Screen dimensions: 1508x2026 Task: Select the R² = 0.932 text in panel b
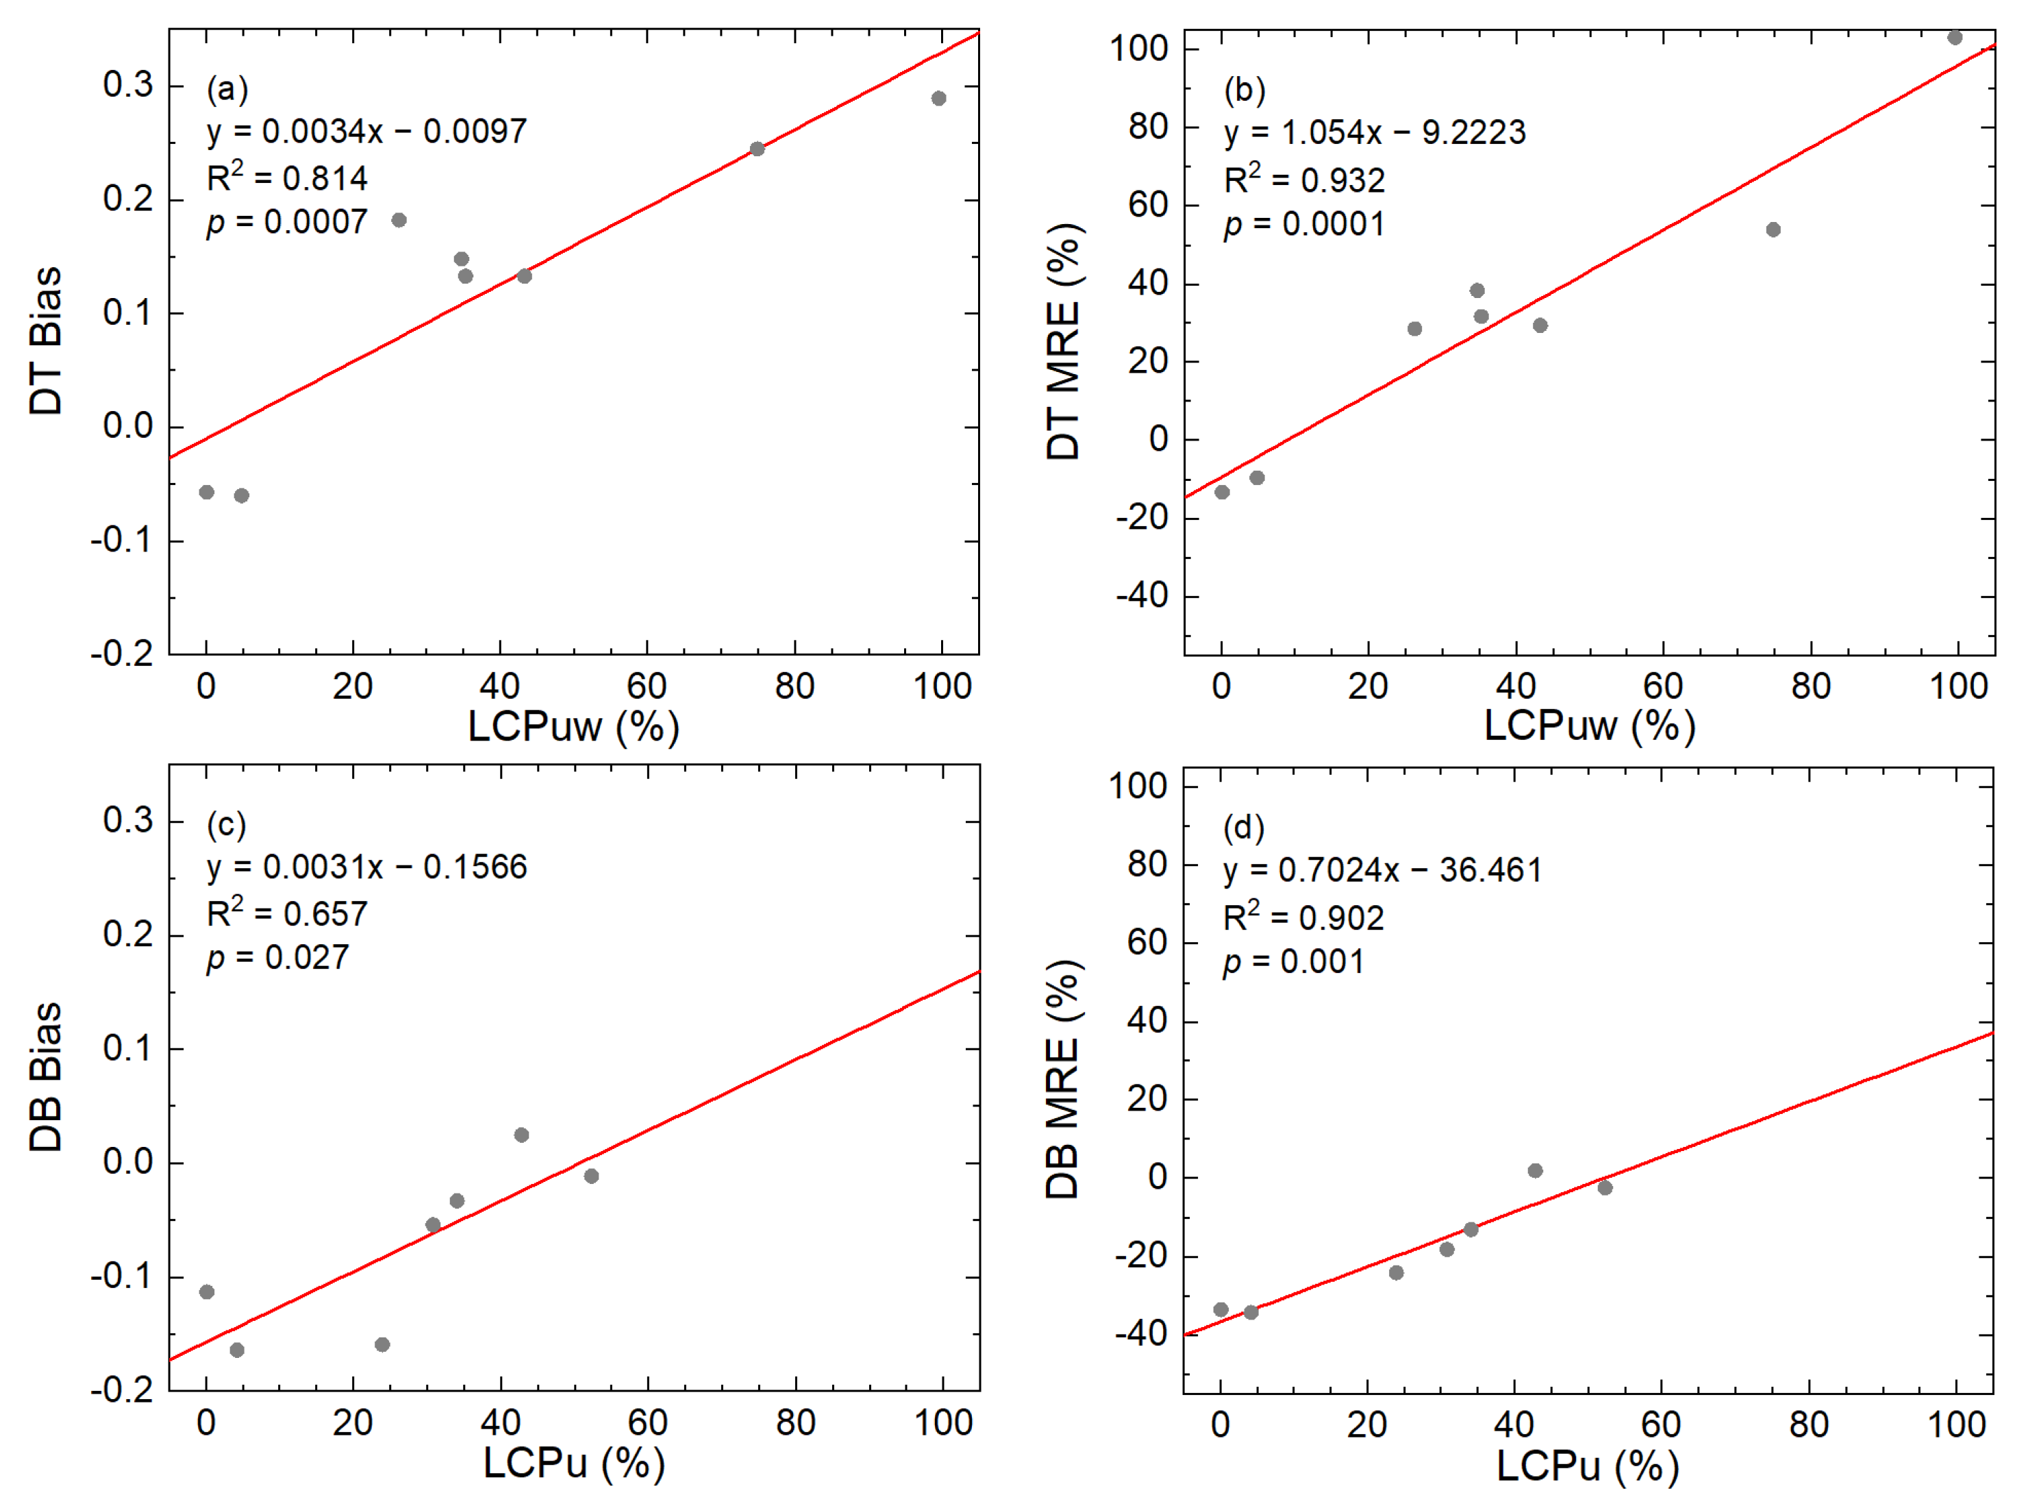coord(1304,180)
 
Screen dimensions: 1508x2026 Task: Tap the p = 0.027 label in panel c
coord(277,958)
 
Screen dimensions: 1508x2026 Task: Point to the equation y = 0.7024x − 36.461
coord(1383,870)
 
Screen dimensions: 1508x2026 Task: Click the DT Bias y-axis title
coord(46,341)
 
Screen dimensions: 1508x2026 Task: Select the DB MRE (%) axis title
coord(1062,1079)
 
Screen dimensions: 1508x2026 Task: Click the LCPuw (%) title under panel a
coord(573,727)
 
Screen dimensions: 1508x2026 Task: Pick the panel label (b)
coord(1244,90)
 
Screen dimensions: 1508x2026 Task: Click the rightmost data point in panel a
coord(938,99)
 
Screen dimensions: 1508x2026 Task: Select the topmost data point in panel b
coord(1955,38)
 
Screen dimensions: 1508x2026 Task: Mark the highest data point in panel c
coord(521,1135)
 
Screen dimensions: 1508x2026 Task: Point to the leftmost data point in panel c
coord(207,1291)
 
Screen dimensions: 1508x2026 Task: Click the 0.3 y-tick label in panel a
coord(128,85)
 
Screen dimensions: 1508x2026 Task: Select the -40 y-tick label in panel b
coord(1142,596)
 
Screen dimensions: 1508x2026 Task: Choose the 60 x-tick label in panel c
coord(647,1423)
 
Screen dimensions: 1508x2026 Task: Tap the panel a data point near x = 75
coord(757,149)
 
